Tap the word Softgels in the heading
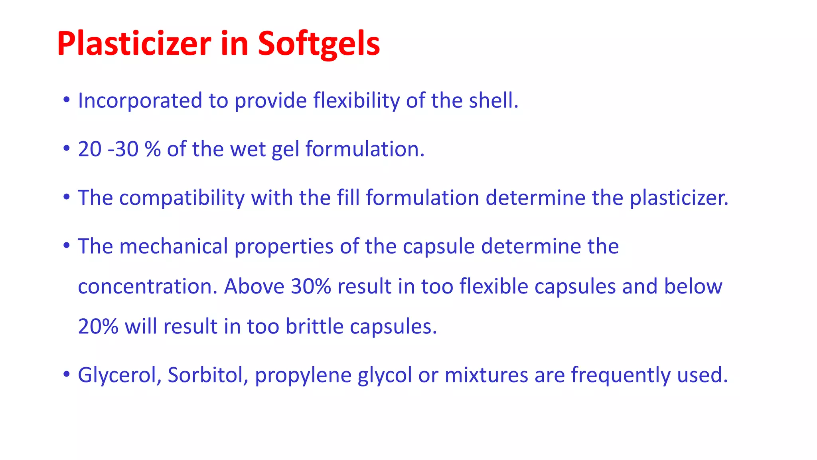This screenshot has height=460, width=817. (318, 44)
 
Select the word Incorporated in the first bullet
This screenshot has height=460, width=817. (140, 100)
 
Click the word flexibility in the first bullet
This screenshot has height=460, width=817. (356, 100)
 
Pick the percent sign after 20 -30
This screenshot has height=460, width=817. (152, 149)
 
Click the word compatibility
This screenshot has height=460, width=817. (182, 198)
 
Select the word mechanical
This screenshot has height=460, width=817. (174, 246)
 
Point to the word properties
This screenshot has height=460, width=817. (284, 247)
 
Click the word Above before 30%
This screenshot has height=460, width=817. (254, 286)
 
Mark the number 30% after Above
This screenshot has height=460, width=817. (311, 286)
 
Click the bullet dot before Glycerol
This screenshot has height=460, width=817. (67, 375)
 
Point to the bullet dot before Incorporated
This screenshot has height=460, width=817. (67, 100)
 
